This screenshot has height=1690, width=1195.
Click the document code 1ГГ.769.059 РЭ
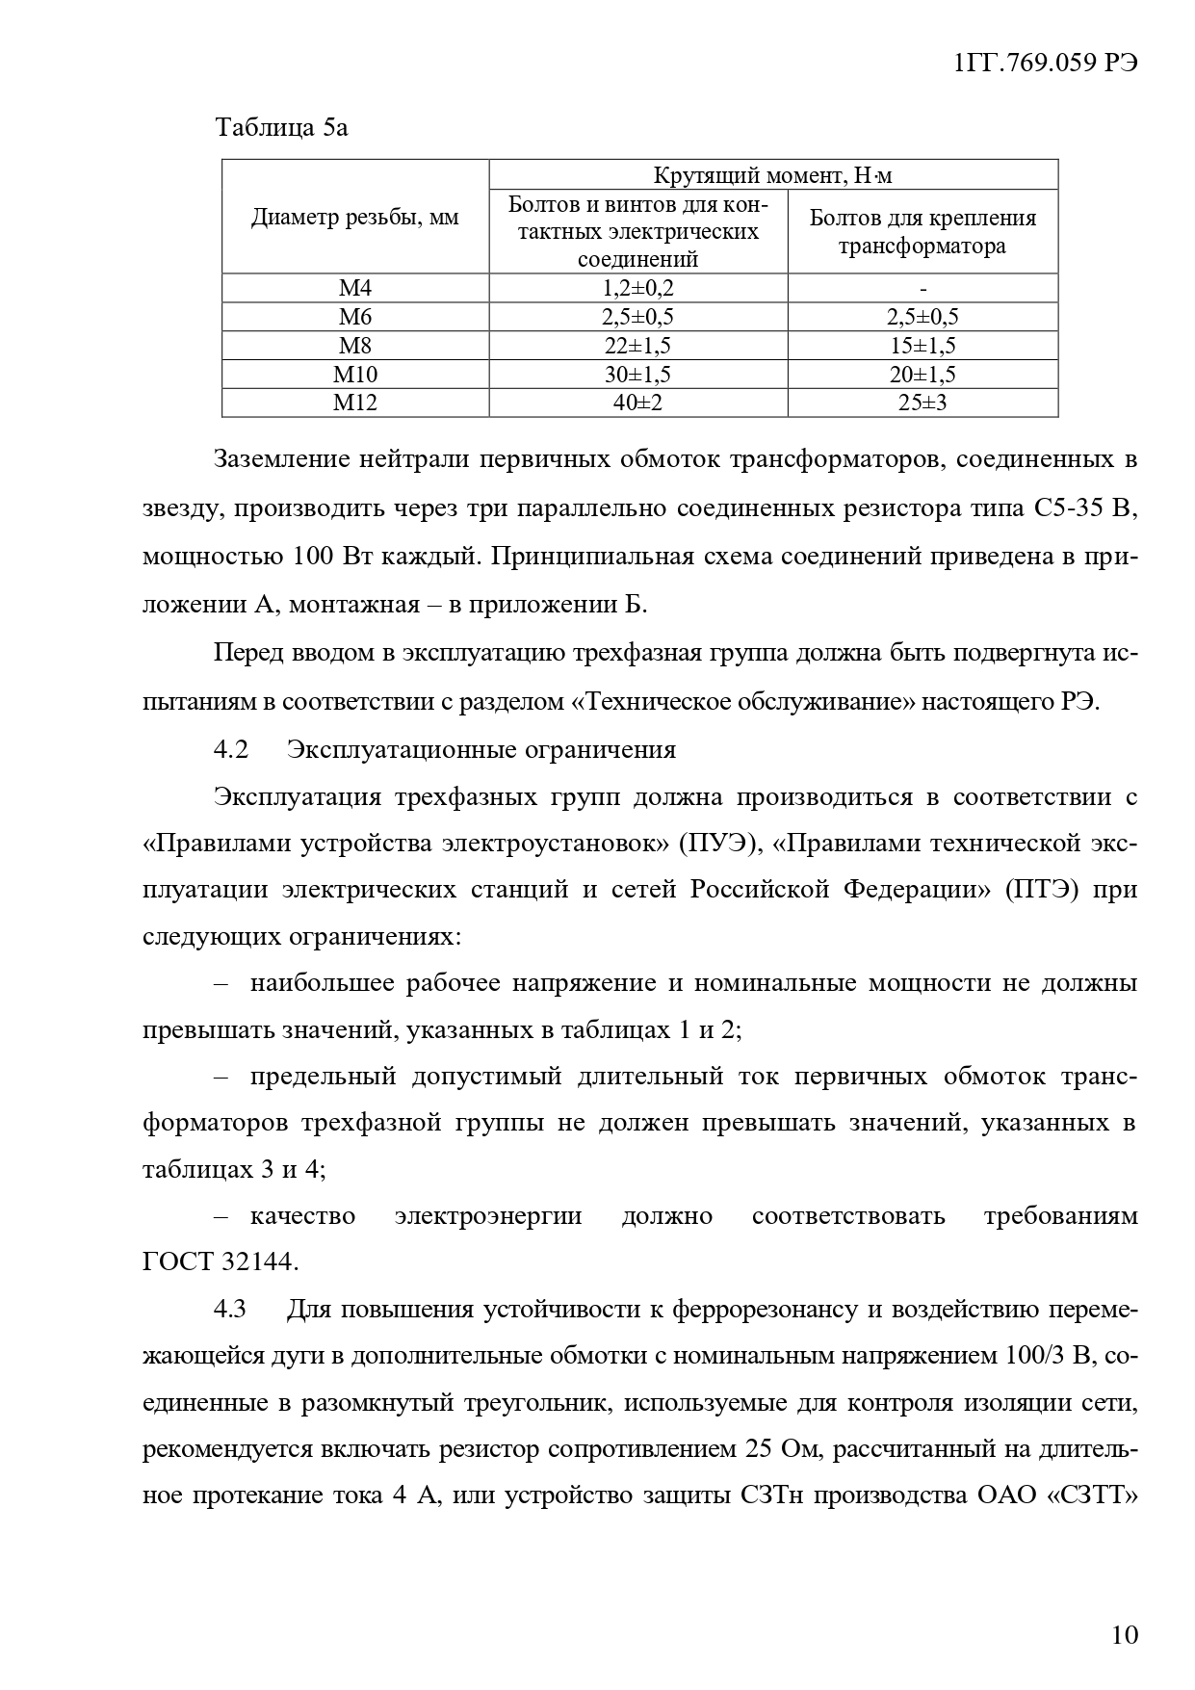1045,63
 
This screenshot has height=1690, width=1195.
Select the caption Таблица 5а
281,127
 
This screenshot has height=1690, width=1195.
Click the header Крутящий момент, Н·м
773,174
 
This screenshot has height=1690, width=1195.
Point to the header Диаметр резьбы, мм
355,218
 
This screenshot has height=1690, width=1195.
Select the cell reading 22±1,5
637,346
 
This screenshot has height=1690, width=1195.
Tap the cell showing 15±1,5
922,346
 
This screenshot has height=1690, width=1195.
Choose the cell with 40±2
637,403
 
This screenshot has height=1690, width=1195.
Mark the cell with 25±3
922,403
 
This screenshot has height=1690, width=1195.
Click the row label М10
355,375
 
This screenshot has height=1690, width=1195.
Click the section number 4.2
231,749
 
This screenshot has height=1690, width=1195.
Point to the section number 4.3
231,1310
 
